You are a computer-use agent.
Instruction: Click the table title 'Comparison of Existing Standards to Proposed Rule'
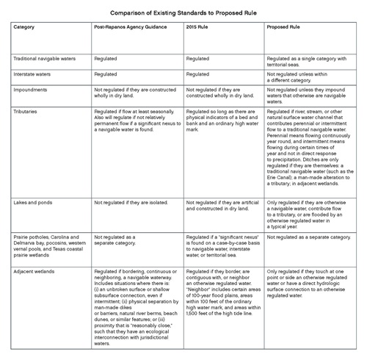[183, 12]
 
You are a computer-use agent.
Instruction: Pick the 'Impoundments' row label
[32, 90]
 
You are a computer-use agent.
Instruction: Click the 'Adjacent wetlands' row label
[36, 271]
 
